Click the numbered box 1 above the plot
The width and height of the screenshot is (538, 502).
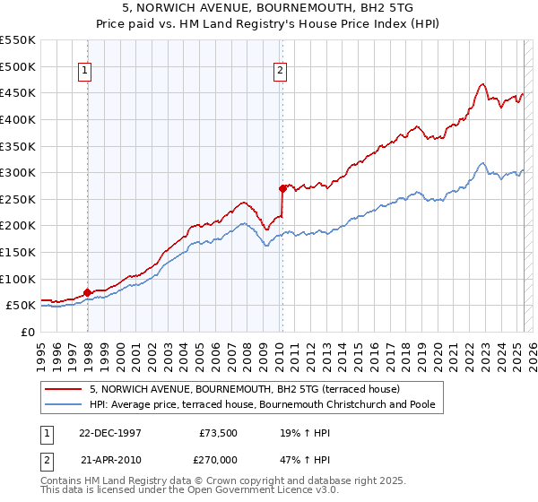83,72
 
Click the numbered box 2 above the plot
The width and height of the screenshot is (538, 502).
281,72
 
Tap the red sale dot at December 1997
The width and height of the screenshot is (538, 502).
88,292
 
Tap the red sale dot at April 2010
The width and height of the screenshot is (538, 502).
282,188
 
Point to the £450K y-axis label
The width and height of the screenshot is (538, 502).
18,92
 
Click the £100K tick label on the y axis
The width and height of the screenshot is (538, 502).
18,279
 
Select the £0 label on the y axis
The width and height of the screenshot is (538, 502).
28,332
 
